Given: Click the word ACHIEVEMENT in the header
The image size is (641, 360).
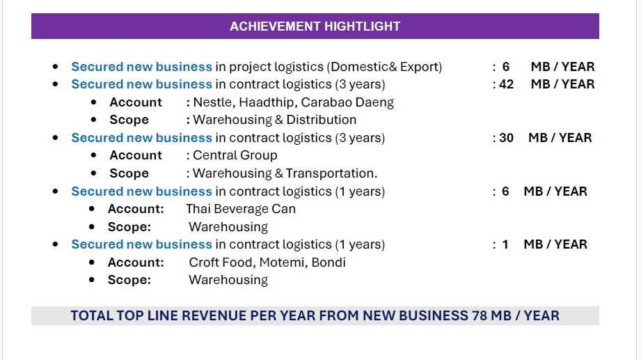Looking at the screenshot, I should click(x=270, y=26).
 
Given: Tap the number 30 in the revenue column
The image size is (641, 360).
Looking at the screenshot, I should click(x=506, y=138).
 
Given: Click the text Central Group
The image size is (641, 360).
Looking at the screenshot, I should click(x=235, y=155).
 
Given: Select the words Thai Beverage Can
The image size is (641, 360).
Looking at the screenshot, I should click(x=241, y=209).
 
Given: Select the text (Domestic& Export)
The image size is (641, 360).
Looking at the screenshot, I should click(x=386, y=67).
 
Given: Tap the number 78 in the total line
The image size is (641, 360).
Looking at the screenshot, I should click(x=480, y=316).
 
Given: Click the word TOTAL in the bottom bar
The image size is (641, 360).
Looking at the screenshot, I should click(x=91, y=316).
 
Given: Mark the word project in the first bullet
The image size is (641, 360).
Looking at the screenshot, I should click(x=253, y=68).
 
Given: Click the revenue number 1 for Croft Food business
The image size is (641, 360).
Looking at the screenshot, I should click(x=506, y=244).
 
